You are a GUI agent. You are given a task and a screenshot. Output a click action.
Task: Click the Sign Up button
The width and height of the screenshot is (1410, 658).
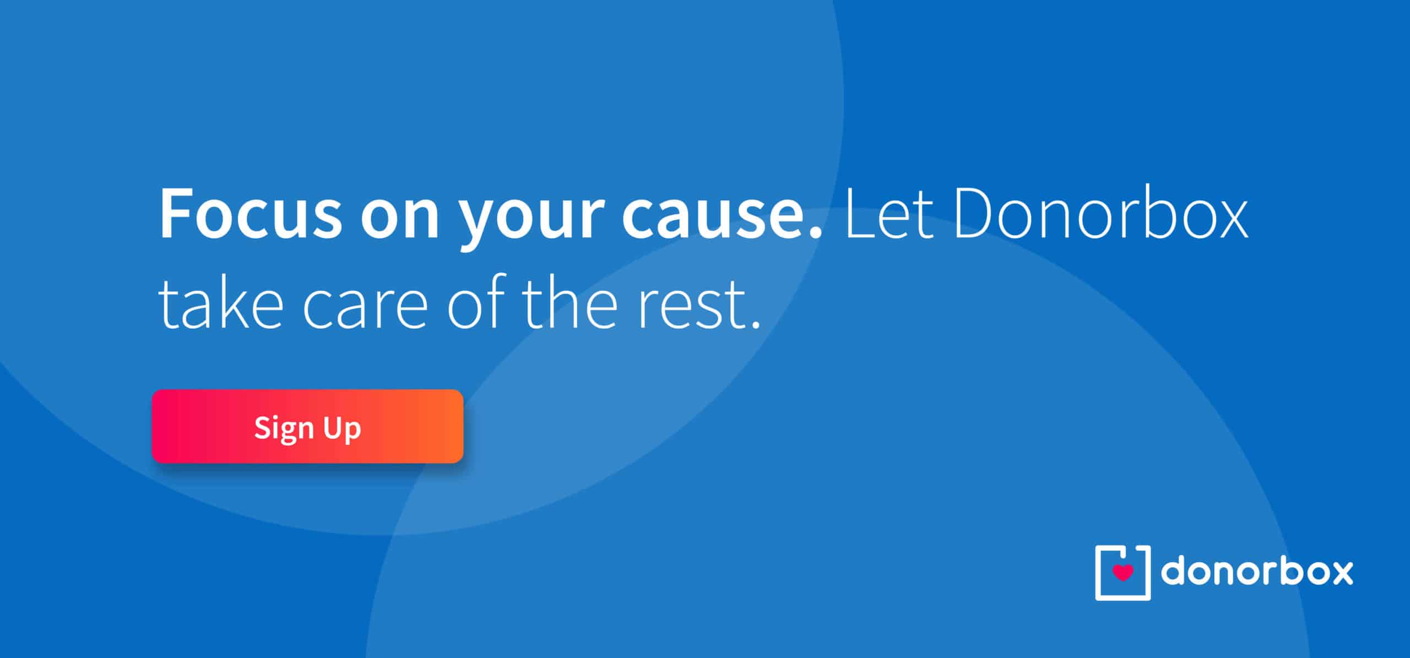pyautogui.click(x=307, y=426)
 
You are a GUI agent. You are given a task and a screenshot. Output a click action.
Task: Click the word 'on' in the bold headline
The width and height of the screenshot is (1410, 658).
pyautogui.click(x=400, y=220)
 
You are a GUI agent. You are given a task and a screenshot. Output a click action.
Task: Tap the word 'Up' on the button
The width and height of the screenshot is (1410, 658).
pyautogui.click(x=342, y=429)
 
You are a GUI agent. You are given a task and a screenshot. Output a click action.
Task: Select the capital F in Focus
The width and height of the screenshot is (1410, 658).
pyautogui.click(x=176, y=214)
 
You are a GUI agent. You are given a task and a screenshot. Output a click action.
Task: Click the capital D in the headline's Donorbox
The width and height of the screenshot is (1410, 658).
pyautogui.click(x=976, y=214)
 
